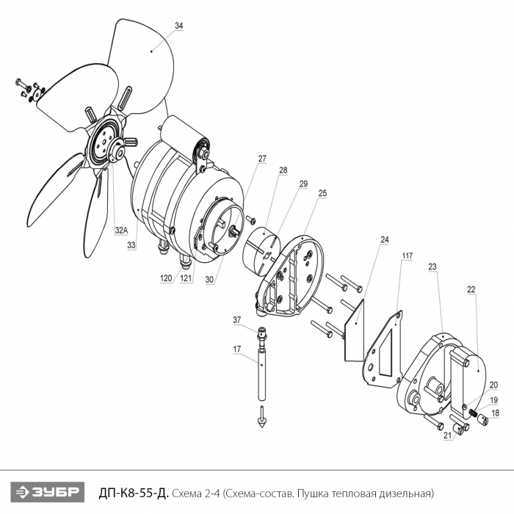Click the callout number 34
pos(178,26)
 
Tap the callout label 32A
pos(121,231)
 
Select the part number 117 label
pos(408,256)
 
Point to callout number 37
pos(237,320)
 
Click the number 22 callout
pos(471,289)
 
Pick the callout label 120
pos(166,278)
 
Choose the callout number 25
pos(322,193)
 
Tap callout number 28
pos(283,170)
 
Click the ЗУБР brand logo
pos(48,492)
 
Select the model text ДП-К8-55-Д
pos(134,493)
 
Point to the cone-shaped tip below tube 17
pos(261,422)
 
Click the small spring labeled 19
pos(473,412)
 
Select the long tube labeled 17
pos(261,374)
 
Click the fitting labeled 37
pos(261,337)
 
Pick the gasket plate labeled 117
pos(383,350)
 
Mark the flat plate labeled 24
pos(354,330)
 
